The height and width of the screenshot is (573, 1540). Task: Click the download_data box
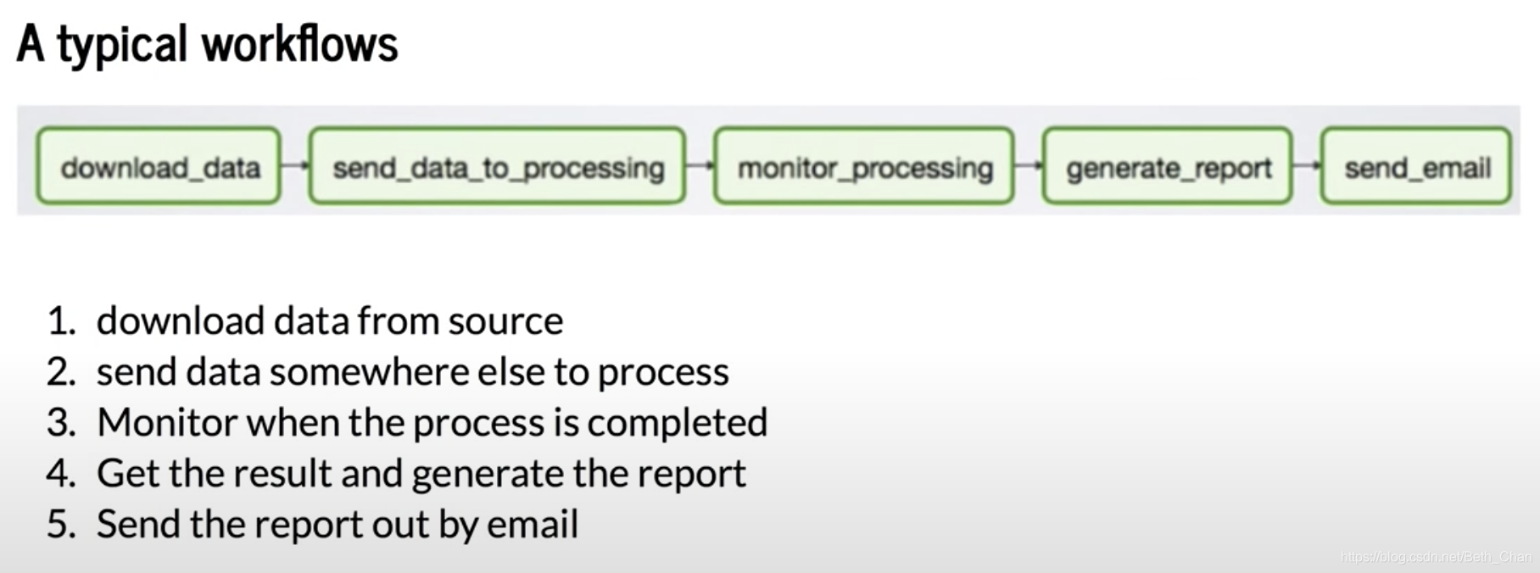coord(159,166)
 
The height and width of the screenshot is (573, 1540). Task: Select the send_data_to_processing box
coord(497,166)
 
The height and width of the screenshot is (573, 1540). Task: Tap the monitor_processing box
coord(864,166)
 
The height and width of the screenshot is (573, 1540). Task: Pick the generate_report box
coord(1168,166)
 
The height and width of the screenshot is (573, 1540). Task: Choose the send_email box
coord(1416,166)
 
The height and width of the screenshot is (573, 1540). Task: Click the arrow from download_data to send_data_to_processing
coord(295,165)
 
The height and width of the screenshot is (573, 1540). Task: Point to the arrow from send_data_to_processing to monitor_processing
coord(700,165)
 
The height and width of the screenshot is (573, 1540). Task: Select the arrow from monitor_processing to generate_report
coord(1029,165)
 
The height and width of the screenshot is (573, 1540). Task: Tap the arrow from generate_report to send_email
coord(1307,165)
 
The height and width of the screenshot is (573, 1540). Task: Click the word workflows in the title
coord(299,43)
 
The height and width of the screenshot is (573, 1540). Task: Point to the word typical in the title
coord(122,47)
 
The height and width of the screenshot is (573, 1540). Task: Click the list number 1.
coord(60,321)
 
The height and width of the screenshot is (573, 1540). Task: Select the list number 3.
coord(60,423)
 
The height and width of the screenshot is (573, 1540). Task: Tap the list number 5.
coord(60,525)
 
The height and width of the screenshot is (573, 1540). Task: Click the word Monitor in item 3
coord(167,422)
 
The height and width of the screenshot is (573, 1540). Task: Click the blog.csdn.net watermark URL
coord(1437,557)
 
